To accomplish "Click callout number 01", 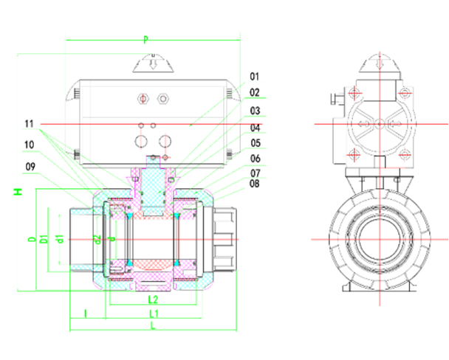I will [255, 77].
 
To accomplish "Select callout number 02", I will [255, 93].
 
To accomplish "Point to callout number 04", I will [255, 128].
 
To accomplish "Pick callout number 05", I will [255, 143].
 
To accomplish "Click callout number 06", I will [255, 159].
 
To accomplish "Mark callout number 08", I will [255, 184].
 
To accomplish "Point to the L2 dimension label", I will [153, 300].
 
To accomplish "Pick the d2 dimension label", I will [97, 239].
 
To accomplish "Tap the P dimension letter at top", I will [145, 38].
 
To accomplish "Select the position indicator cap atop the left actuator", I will [154, 64].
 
